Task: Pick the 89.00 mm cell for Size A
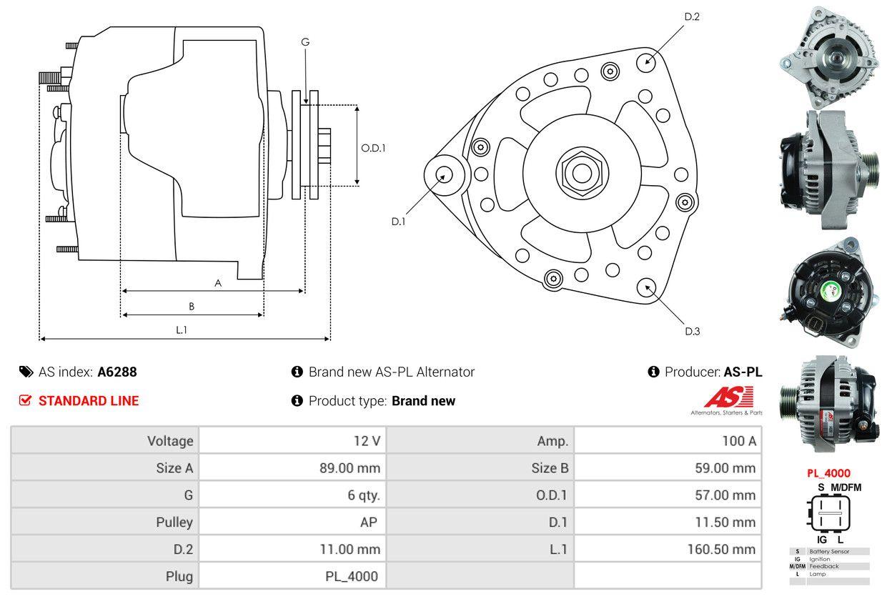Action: tap(350, 468)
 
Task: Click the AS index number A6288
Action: tap(117, 372)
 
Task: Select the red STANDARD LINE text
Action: tap(89, 401)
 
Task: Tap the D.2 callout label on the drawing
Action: tap(692, 16)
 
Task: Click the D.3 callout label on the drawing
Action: tap(692, 331)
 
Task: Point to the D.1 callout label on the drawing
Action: tap(399, 222)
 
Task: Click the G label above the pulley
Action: tap(305, 42)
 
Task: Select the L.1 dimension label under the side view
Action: tap(182, 330)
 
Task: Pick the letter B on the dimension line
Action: tap(192, 306)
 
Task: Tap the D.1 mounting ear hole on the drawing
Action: tap(443, 174)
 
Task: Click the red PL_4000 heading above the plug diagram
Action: tap(829, 472)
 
